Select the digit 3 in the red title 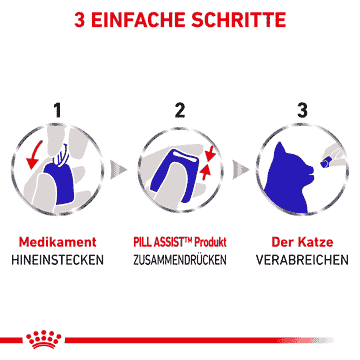[x=79, y=20]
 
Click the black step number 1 [x=58, y=110]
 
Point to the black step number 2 [x=180, y=110]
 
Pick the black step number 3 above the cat [x=302, y=110]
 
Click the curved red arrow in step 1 [x=34, y=154]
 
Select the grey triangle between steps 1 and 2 [x=118, y=169]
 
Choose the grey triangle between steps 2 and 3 [x=241, y=169]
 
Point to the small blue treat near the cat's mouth [x=324, y=163]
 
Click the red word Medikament [x=58, y=242]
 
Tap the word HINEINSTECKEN [x=57, y=260]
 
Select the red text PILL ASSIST [x=162, y=242]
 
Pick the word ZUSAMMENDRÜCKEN [x=180, y=260]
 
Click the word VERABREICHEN [x=302, y=260]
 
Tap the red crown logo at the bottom [x=44, y=340]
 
